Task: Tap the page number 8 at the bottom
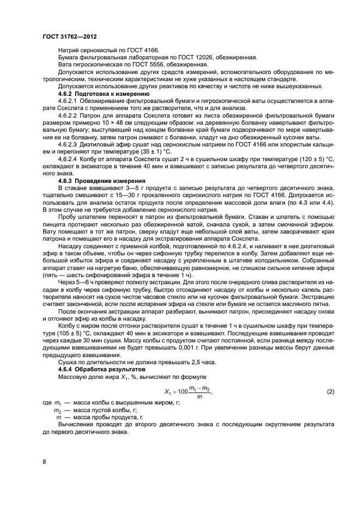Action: click(x=44, y=462)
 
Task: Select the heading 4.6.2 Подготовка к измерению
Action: click(x=96, y=94)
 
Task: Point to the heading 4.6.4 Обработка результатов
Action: click(x=97, y=370)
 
